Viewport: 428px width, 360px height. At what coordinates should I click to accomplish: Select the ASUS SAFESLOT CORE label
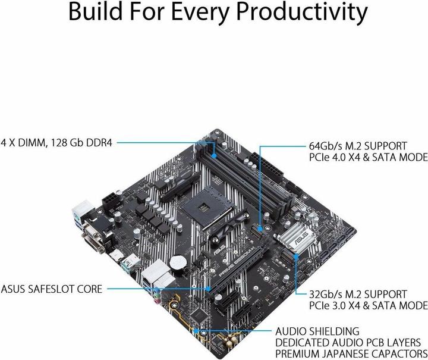click(x=51, y=289)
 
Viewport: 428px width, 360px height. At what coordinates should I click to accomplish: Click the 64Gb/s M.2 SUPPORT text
click(x=358, y=146)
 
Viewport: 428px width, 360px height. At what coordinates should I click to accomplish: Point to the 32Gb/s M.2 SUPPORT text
click(x=358, y=295)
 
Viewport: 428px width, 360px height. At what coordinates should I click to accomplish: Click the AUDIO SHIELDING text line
click(x=325, y=331)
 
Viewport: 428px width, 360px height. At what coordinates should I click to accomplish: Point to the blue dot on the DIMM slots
click(x=213, y=142)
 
